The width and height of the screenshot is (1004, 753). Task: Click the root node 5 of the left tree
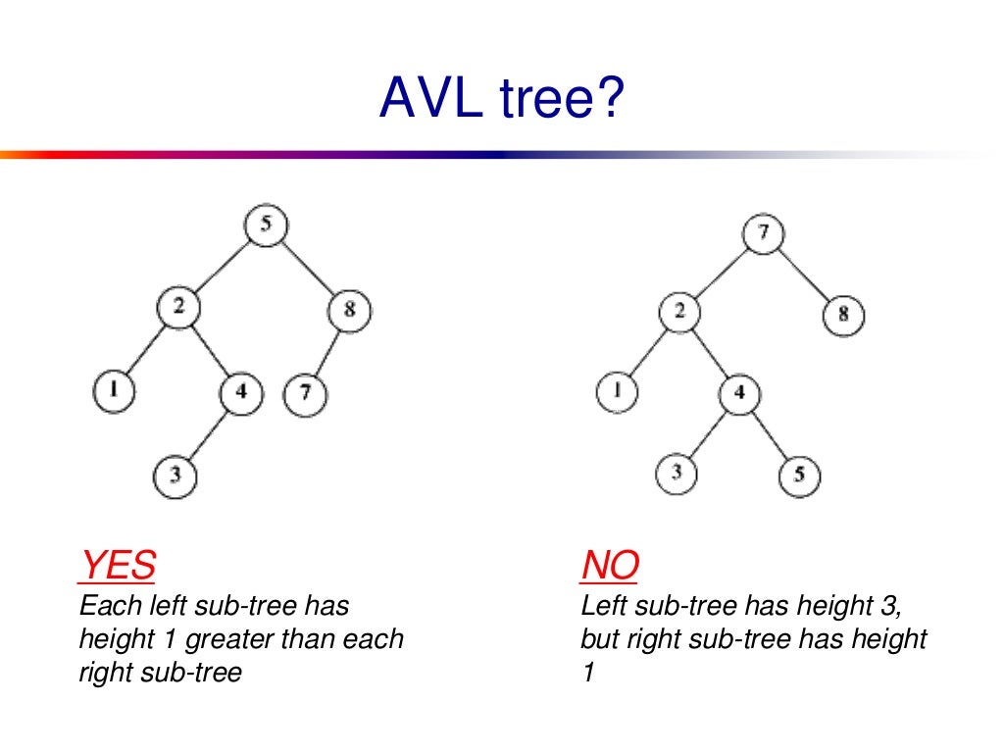pos(266,226)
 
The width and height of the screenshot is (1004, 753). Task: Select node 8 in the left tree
pos(351,311)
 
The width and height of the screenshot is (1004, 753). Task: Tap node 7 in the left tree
pos(305,395)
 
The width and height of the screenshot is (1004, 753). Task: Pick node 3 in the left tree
pos(175,477)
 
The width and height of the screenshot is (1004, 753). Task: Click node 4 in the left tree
pos(240,393)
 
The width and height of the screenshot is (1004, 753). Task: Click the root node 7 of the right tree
pos(763,232)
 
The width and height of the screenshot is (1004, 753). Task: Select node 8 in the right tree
pos(843,315)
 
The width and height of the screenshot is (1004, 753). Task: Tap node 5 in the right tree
pos(799,477)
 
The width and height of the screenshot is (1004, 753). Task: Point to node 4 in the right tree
pos(740,395)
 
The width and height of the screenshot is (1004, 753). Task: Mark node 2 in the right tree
pos(679,313)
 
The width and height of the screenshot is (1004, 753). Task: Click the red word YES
pos(117,566)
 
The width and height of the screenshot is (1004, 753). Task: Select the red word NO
pos(610,566)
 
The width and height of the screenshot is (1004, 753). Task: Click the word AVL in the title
pos(430,99)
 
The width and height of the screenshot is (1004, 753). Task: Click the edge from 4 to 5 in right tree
pos(771,436)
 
